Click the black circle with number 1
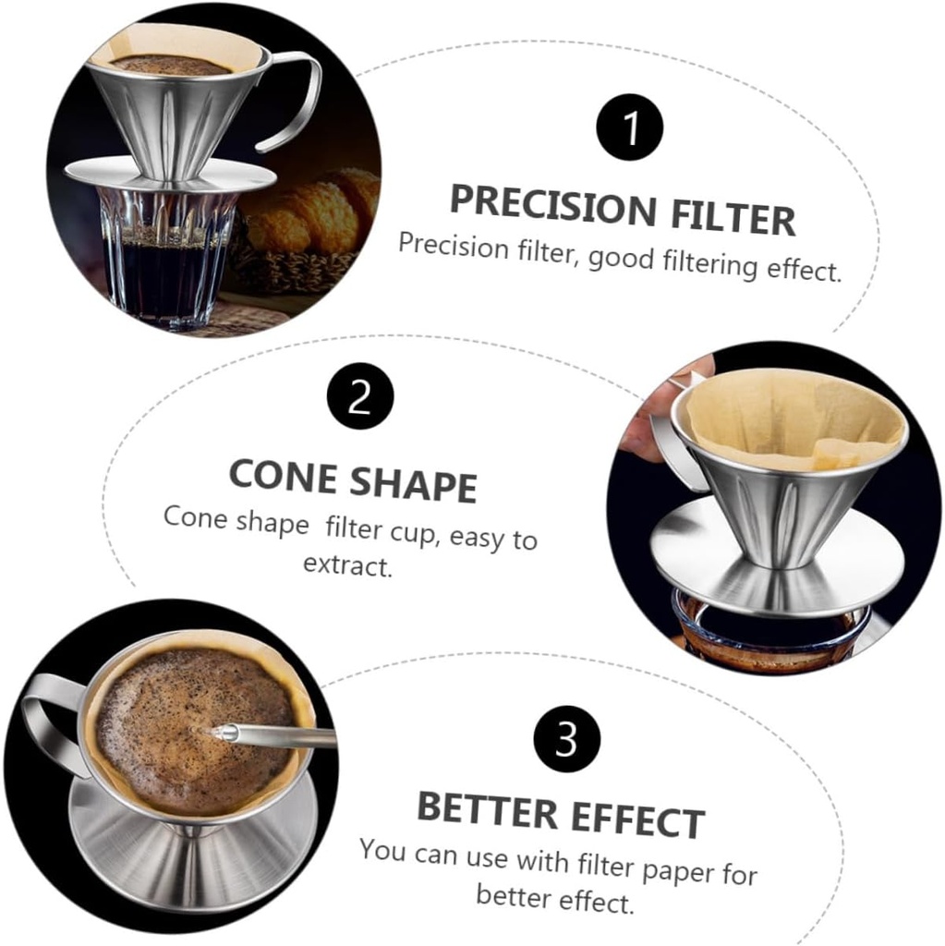pyautogui.click(x=630, y=127)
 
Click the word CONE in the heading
pyautogui.click(x=282, y=475)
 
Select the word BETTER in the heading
pyautogui.click(x=486, y=809)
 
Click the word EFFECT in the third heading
pyautogui.click(x=635, y=819)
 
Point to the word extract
pyautogui.click(x=347, y=564)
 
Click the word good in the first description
pyautogui.click(x=622, y=260)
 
